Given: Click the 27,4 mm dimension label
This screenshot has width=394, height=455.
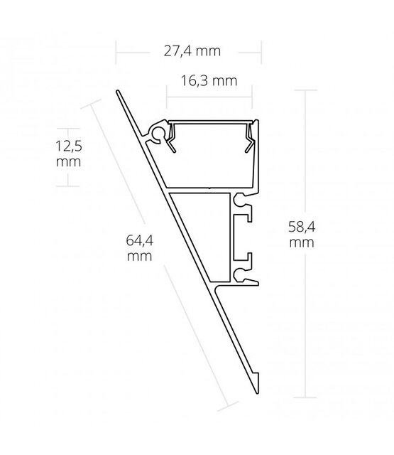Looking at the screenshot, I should click(189, 51).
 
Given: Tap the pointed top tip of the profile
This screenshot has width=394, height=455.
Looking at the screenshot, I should click(119, 92).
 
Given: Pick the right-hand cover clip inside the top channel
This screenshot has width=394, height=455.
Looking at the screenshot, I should click(249, 136).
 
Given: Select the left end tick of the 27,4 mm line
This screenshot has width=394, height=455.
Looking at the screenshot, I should click(118, 51).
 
